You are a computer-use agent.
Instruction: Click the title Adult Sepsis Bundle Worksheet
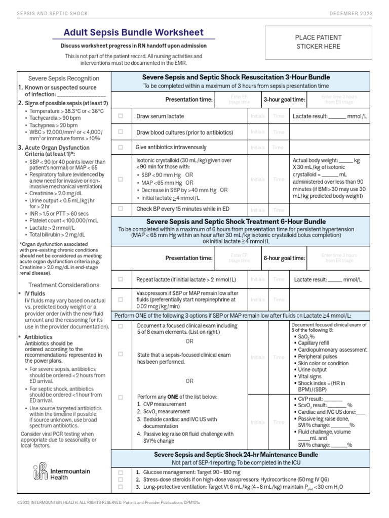pos(134,32)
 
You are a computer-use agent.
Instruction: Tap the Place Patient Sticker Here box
pos(318,42)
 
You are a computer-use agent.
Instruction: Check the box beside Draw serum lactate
pos(121,116)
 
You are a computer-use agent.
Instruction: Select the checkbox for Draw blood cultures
pos(121,132)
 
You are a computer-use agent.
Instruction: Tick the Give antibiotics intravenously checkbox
pos(121,147)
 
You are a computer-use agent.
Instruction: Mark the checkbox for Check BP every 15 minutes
pos(121,208)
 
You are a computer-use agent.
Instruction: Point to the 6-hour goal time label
pos(284,258)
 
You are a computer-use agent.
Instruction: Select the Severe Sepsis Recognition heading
pos(63,78)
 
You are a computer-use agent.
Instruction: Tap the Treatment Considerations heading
pos(63,285)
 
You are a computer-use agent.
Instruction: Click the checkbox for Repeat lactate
pos(121,279)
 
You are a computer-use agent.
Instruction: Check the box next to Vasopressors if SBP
pos(121,299)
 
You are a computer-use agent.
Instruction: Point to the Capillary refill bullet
pos(317,343)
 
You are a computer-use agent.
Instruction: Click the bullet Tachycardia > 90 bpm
pos(56,117)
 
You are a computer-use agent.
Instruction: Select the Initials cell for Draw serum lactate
pos(257,116)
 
